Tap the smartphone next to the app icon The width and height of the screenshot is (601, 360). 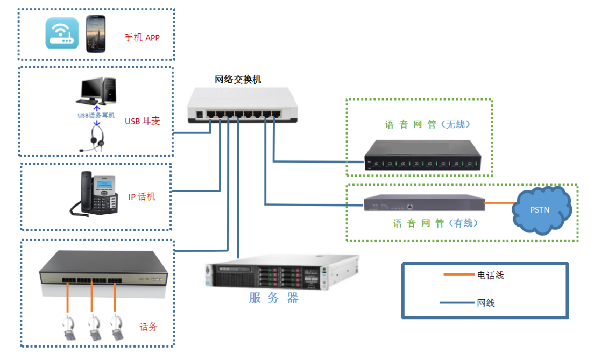pos(96,34)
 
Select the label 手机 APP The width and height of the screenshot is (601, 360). pos(142,38)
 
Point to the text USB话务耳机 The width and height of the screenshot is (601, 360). pos(96,115)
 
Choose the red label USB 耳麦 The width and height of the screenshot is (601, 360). pos(143,121)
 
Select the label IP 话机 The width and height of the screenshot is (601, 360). pos(142,196)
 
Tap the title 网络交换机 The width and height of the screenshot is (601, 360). pos(238,80)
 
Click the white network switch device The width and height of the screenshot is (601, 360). pos(242,108)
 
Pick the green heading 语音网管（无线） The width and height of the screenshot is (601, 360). pos(428,124)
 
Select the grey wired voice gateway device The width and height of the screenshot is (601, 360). pos(423,203)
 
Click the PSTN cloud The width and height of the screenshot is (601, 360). pos(540,209)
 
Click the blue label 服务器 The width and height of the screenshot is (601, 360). pos(273,298)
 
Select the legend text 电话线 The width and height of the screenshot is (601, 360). pos(491,276)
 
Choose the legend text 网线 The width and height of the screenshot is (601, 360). pos(486,303)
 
